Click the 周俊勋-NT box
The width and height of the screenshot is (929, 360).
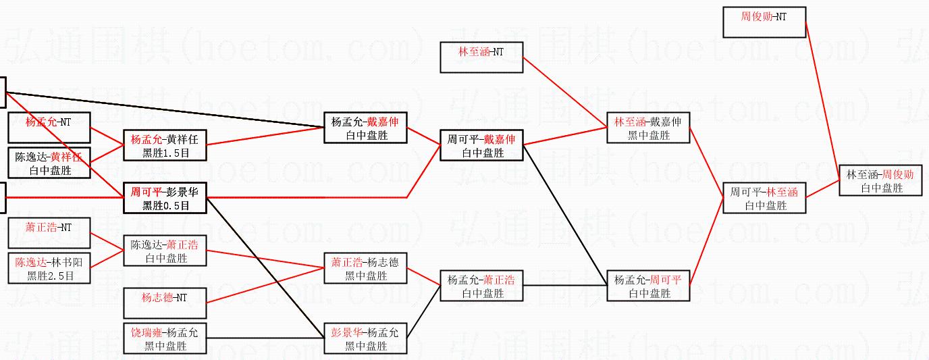[764, 22]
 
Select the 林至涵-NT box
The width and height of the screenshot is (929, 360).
[481, 57]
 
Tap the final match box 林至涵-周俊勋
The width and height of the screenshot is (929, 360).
[880, 180]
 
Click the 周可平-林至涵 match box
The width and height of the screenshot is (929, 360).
[764, 198]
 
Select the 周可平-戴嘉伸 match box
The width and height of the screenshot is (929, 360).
[481, 145]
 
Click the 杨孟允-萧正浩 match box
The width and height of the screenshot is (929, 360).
[481, 286]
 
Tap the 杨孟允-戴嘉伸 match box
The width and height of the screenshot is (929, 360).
[365, 128]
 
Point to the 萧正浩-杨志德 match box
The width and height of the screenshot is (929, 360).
[365, 268]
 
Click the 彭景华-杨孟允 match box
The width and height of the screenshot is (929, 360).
[365, 338]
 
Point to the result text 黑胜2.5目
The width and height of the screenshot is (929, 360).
[49, 276]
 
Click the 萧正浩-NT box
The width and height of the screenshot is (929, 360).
[49, 233]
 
